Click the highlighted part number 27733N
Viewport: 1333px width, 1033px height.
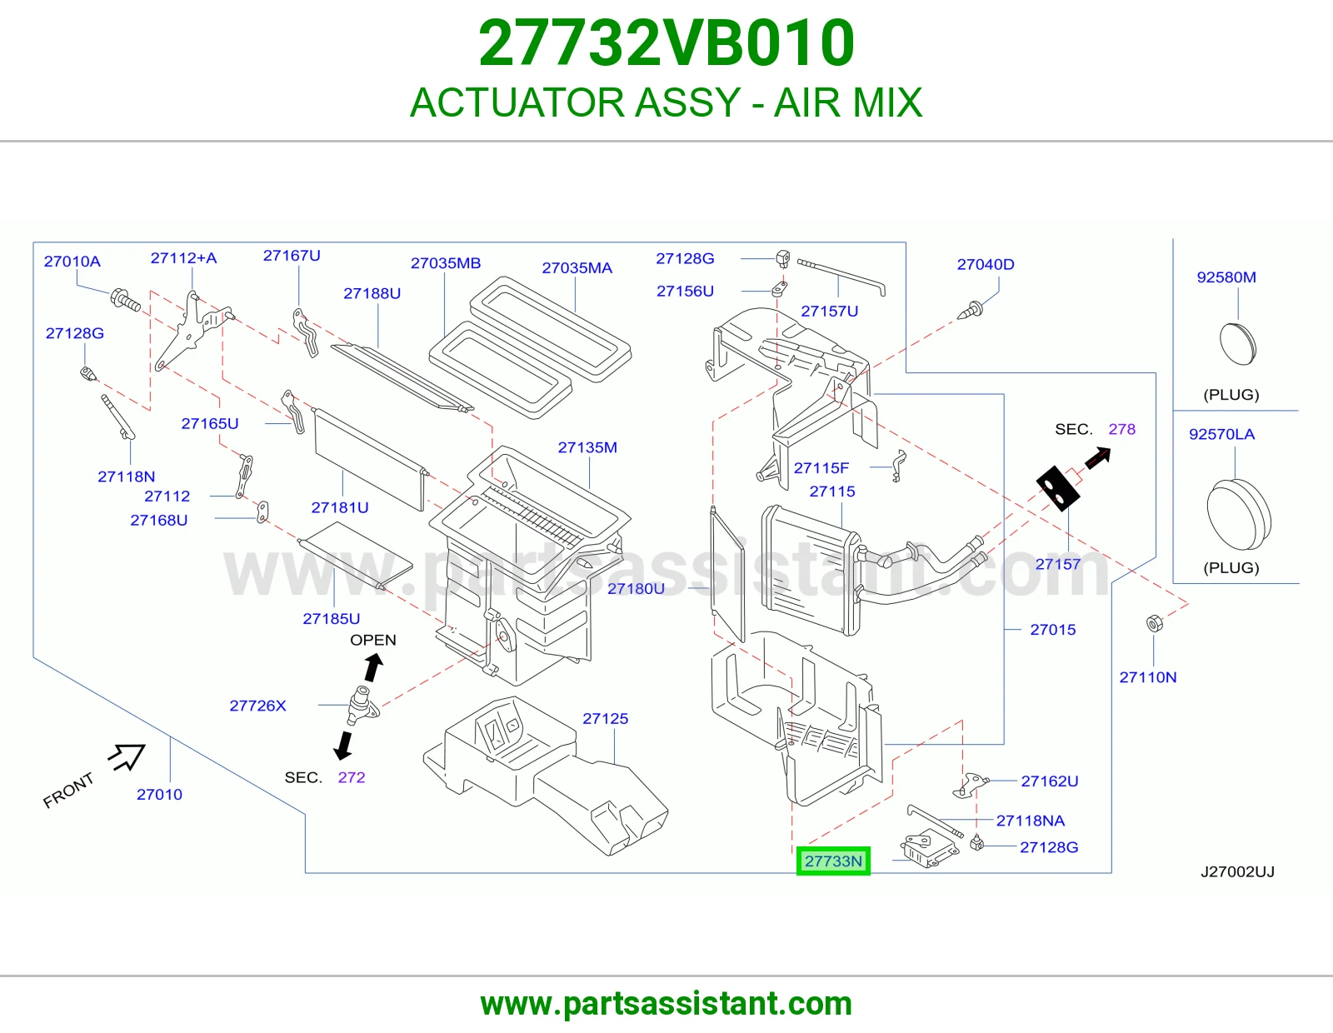point(833,861)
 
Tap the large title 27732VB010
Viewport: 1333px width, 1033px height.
point(666,42)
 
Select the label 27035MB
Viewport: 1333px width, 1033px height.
point(446,263)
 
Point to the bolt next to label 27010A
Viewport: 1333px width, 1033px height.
point(125,300)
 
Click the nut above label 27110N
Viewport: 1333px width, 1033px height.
point(1154,623)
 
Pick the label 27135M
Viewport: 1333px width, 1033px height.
point(587,447)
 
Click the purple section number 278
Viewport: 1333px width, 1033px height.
point(1121,429)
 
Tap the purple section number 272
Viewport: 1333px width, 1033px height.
point(352,777)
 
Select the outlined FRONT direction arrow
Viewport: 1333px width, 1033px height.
point(128,756)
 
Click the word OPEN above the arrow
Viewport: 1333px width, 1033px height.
point(373,640)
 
